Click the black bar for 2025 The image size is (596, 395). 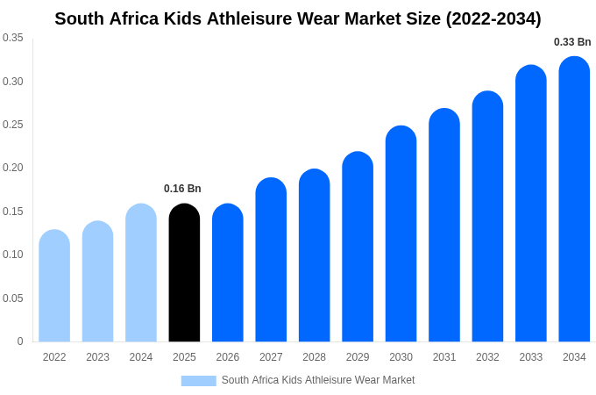click(x=184, y=273)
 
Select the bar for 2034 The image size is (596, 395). click(x=574, y=199)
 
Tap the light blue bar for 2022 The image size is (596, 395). click(x=54, y=286)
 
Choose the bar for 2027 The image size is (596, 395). click(x=271, y=260)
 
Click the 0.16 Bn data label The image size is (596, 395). click(x=182, y=189)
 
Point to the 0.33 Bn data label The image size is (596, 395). click(x=572, y=42)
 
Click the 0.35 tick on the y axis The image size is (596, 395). click(x=13, y=38)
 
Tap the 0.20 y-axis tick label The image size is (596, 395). click(x=13, y=168)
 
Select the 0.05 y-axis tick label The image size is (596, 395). click(x=13, y=298)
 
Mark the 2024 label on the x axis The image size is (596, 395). click(x=141, y=357)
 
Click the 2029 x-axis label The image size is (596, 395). click(x=358, y=357)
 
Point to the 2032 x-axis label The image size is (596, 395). click(x=487, y=357)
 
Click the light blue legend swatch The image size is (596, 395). click(x=198, y=381)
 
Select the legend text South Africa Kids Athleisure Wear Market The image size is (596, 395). click(x=318, y=380)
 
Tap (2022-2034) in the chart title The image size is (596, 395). click(x=493, y=18)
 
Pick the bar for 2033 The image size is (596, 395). click(x=531, y=204)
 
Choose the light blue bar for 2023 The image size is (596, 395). click(x=97, y=282)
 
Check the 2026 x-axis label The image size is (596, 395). click(x=228, y=357)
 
